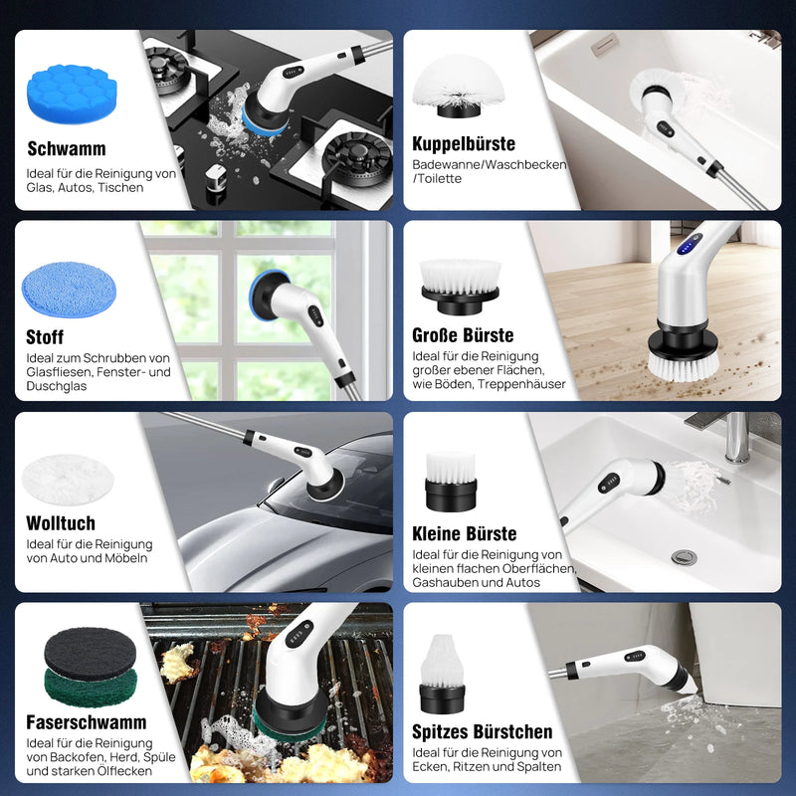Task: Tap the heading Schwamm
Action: click(x=67, y=149)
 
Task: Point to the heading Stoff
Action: click(x=45, y=337)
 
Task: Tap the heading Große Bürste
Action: click(x=463, y=335)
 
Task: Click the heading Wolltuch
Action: click(x=61, y=523)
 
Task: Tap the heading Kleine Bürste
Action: click(x=465, y=533)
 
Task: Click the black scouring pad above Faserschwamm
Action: click(x=90, y=653)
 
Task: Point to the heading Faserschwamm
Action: click(x=87, y=722)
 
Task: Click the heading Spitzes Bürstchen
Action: click(x=483, y=732)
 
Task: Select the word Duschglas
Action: click(x=57, y=385)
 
